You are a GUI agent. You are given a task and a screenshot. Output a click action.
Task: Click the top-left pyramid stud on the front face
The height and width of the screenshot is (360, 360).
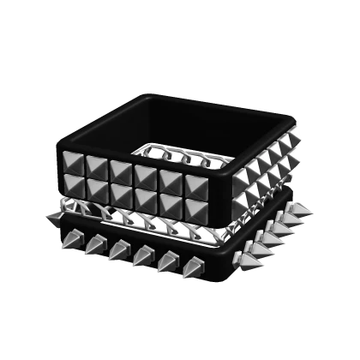[x=75, y=161]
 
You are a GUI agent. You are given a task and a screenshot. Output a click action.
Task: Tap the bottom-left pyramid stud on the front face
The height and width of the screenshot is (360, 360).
[x=75, y=182]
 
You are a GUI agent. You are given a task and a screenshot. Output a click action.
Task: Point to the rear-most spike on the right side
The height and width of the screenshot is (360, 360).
[x=302, y=209]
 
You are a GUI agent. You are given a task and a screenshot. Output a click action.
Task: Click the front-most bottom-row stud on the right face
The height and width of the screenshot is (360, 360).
[x=243, y=195]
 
